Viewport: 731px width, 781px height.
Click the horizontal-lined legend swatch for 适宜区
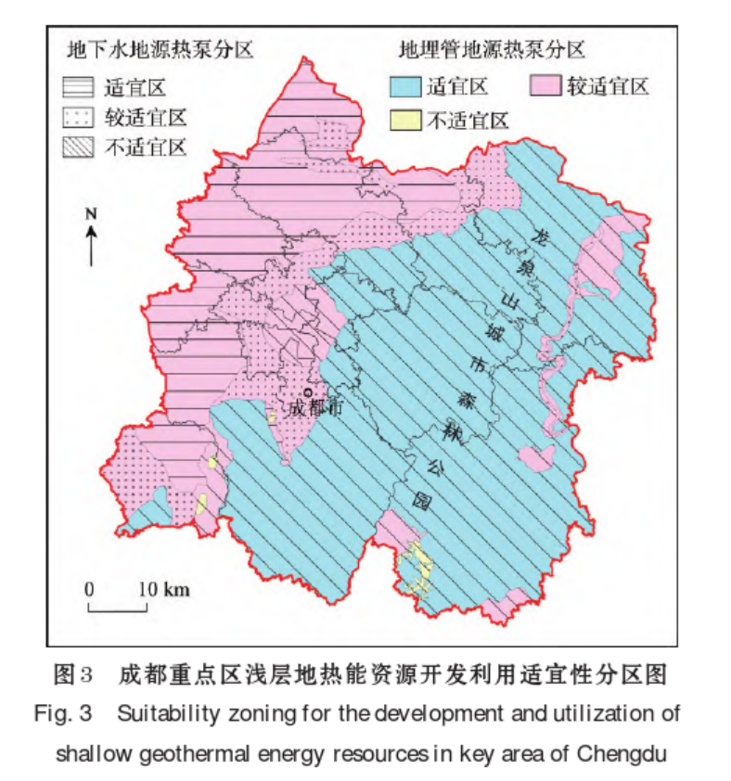click(79, 89)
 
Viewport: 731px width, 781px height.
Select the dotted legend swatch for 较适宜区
click(79, 118)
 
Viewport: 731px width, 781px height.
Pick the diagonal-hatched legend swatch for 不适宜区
click(79, 147)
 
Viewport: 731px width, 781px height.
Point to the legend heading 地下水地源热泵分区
click(158, 48)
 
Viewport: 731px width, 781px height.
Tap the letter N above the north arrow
click(91, 213)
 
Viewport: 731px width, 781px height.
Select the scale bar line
click(118, 609)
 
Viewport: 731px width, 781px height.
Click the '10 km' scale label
click(165, 589)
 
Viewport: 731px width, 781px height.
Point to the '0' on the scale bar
click(89, 589)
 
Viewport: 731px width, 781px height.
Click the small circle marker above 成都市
click(307, 392)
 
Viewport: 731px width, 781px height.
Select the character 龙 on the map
click(535, 239)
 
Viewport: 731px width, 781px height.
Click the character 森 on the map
click(459, 400)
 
